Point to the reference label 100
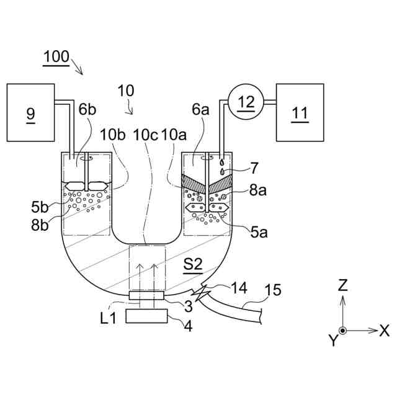(56, 57)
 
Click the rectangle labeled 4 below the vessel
(146, 316)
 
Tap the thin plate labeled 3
(146, 295)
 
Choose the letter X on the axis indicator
(384, 331)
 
